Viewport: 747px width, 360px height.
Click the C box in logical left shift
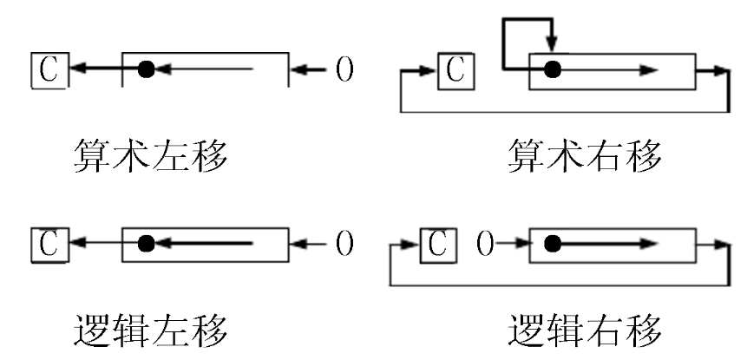pos(49,244)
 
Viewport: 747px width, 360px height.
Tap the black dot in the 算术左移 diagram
pos(147,69)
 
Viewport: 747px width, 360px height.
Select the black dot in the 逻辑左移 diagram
pos(147,244)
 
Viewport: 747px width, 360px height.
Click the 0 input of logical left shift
pos(344,244)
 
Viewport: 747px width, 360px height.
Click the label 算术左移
pos(149,157)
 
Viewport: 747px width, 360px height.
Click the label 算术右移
pos(586,157)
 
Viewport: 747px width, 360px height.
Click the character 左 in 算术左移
pos(170,157)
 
